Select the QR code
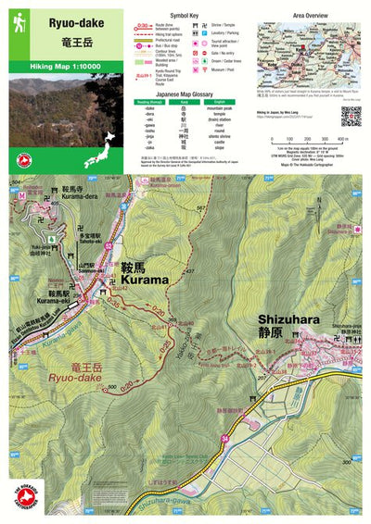[350, 116]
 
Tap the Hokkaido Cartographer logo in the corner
[19, 501]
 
